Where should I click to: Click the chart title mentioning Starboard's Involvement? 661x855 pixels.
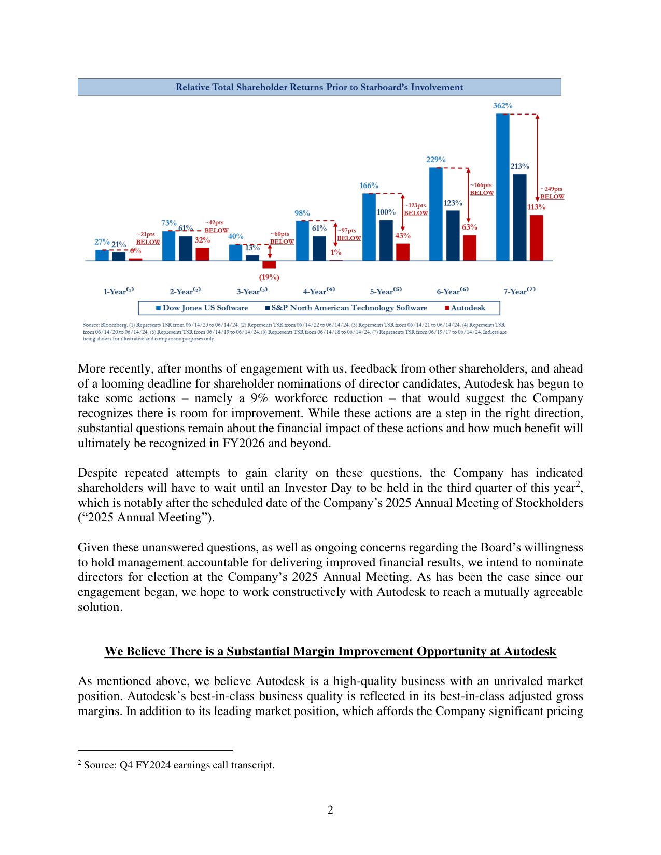(319, 87)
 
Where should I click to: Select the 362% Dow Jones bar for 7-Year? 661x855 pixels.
(502, 187)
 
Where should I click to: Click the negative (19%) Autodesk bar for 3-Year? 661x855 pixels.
(269, 264)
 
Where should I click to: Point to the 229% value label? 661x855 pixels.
(435, 160)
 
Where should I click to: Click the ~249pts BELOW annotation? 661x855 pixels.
(552, 193)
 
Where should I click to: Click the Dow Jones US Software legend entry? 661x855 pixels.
(202, 308)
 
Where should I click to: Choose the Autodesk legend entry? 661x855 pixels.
(465, 308)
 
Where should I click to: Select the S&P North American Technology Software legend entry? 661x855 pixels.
(346, 308)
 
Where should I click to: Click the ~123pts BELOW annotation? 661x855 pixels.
(415, 209)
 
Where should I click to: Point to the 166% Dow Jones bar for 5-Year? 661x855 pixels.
(369, 226)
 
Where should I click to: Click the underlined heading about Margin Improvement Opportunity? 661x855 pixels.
(330, 651)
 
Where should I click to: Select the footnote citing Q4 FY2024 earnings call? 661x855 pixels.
(176, 765)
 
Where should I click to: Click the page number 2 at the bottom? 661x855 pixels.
(330, 810)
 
